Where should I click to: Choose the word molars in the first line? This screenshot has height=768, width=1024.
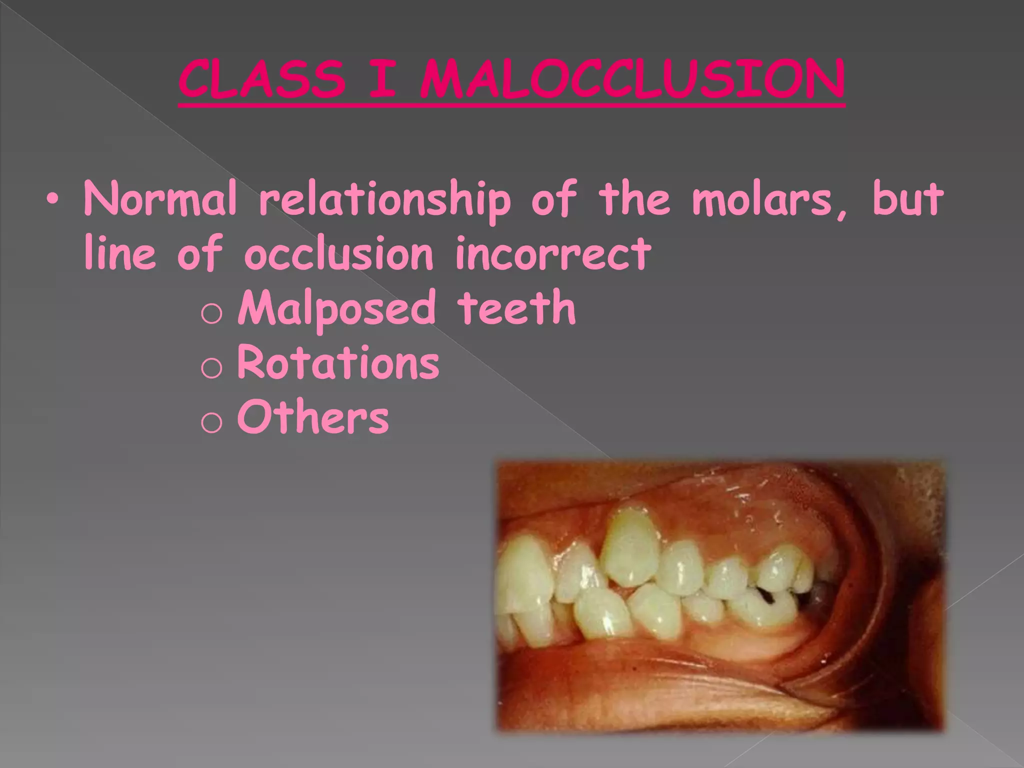click(x=770, y=200)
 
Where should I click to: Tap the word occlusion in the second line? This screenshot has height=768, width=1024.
click(x=338, y=253)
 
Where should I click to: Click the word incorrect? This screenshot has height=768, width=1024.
click(x=553, y=253)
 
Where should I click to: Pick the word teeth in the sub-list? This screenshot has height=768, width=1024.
click(x=516, y=308)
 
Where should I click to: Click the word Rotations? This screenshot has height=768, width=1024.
click(x=338, y=362)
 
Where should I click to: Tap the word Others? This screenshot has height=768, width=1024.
click(x=313, y=416)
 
